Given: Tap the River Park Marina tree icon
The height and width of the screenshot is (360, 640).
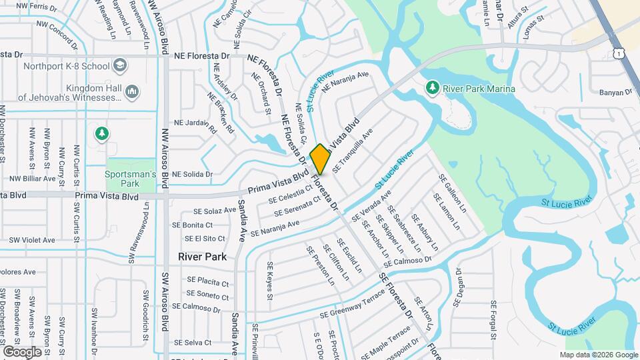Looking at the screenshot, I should pyautogui.click(x=432, y=88).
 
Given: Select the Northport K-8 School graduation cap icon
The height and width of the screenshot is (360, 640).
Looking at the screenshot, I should pyautogui.click(x=119, y=66).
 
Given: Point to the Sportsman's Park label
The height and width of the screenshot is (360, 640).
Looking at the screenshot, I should pyautogui.click(x=131, y=179).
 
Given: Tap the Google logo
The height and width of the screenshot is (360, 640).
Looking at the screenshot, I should pyautogui.click(x=22, y=351).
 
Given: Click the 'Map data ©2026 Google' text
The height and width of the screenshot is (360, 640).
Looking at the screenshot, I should pyautogui.click(x=598, y=355).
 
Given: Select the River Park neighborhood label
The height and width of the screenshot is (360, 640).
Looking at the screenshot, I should pyautogui.click(x=203, y=257).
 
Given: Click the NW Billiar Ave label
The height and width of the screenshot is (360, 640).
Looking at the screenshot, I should pyautogui.click(x=33, y=179).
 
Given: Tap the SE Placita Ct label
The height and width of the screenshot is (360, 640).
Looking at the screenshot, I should pyautogui.click(x=208, y=281).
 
